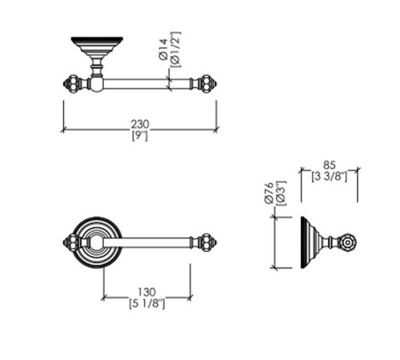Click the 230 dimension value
140,124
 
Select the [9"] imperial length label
140,136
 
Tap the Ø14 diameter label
163,50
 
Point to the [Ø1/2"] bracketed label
176,50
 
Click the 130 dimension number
146,292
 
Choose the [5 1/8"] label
147,303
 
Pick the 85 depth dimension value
330,165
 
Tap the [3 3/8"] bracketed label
330,177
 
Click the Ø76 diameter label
270,193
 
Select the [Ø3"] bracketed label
282,193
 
